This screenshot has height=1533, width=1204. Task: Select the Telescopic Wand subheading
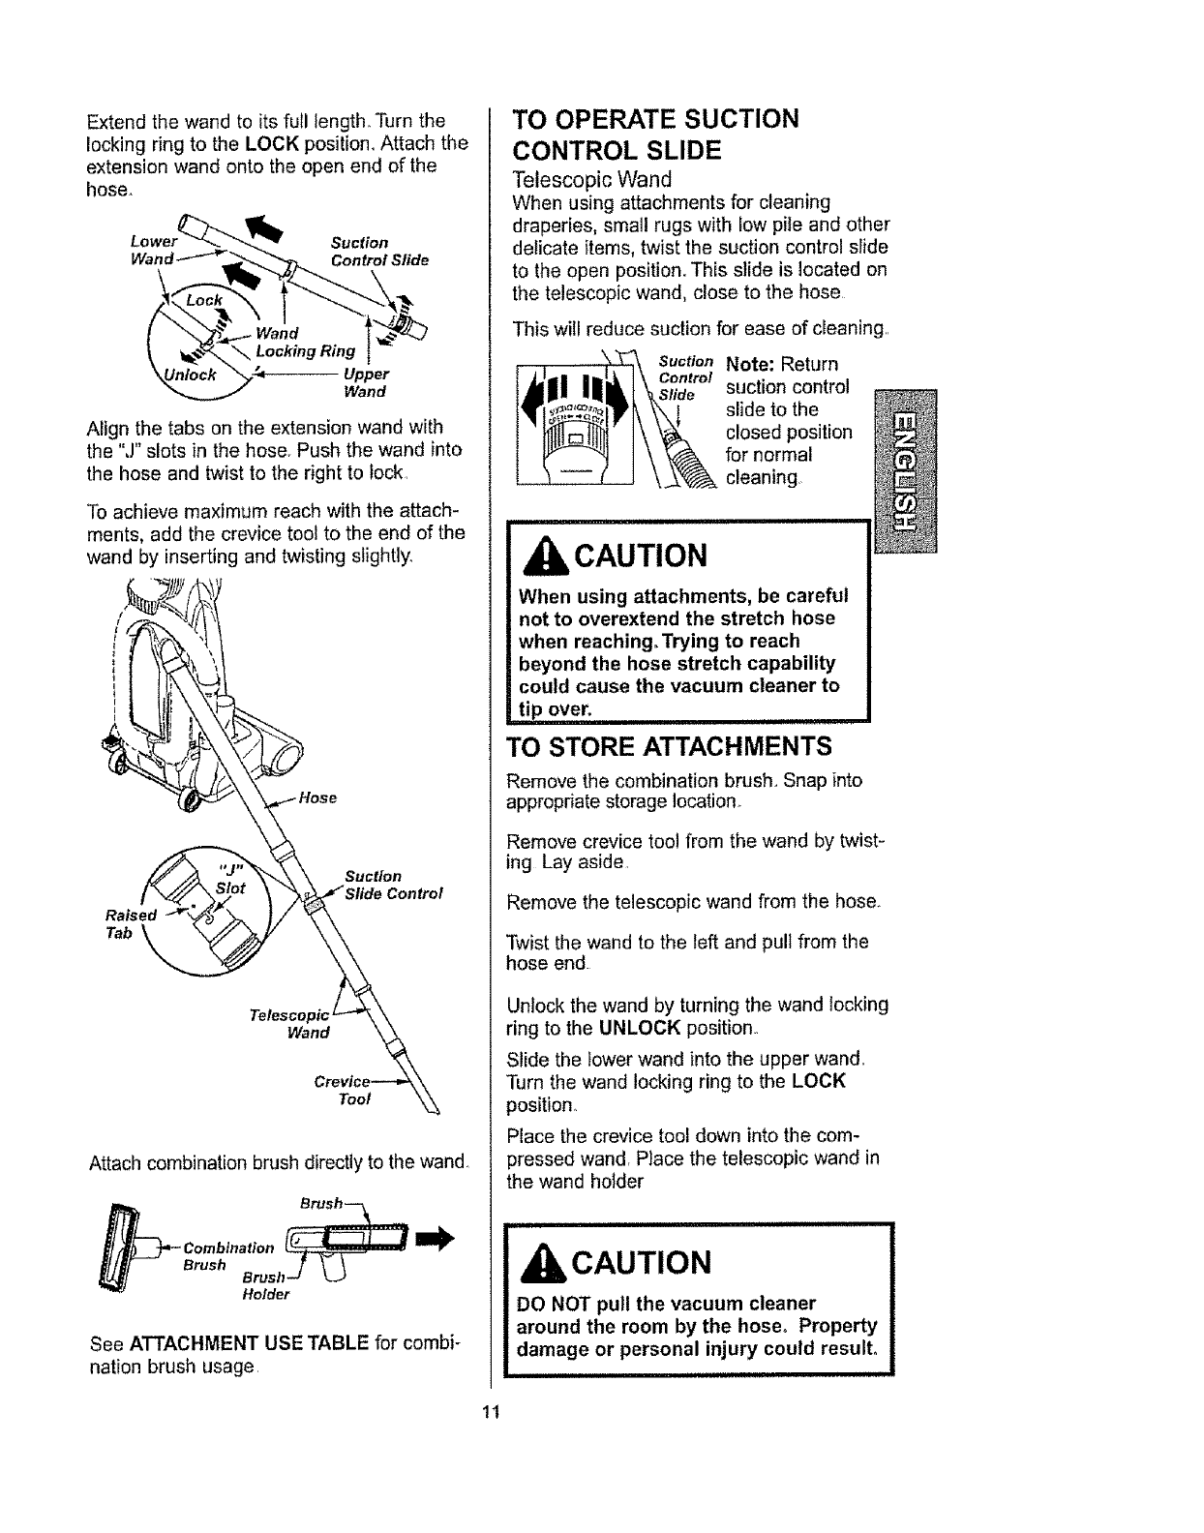591,180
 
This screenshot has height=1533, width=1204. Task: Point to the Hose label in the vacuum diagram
316,797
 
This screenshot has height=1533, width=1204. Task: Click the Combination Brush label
225,1255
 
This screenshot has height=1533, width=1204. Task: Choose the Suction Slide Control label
392,884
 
